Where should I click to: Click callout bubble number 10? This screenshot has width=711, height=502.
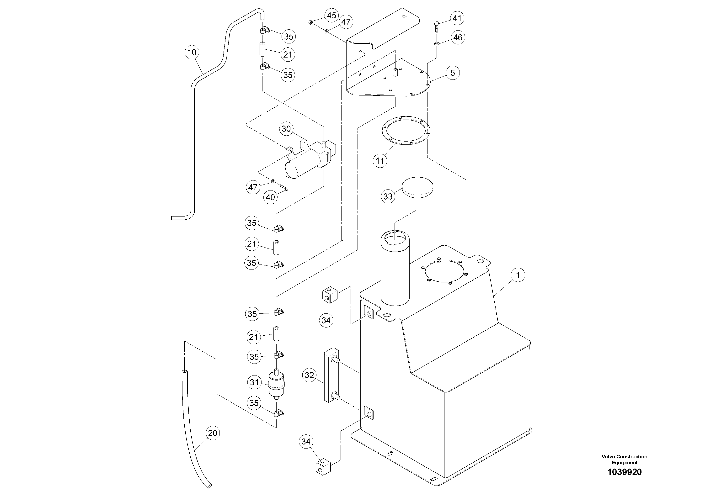(x=192, y=52)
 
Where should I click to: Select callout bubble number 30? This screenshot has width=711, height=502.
(x=286, y=129)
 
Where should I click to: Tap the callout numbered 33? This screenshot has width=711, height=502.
(x=388, y=196)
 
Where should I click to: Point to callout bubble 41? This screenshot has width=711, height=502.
(x=457, y=18)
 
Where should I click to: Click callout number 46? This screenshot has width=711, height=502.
(x=458, y=38)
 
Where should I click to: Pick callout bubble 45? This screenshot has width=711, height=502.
(x=331, y=16)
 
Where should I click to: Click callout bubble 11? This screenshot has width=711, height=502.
(x=380, y=161)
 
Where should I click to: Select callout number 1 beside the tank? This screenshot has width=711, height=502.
(x=518, y=275)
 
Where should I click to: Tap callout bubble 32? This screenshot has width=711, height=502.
(x=309, y=375)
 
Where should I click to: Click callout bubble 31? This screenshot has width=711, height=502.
(x=254, y=383)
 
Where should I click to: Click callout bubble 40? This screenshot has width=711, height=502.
(x=270, y=197)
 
